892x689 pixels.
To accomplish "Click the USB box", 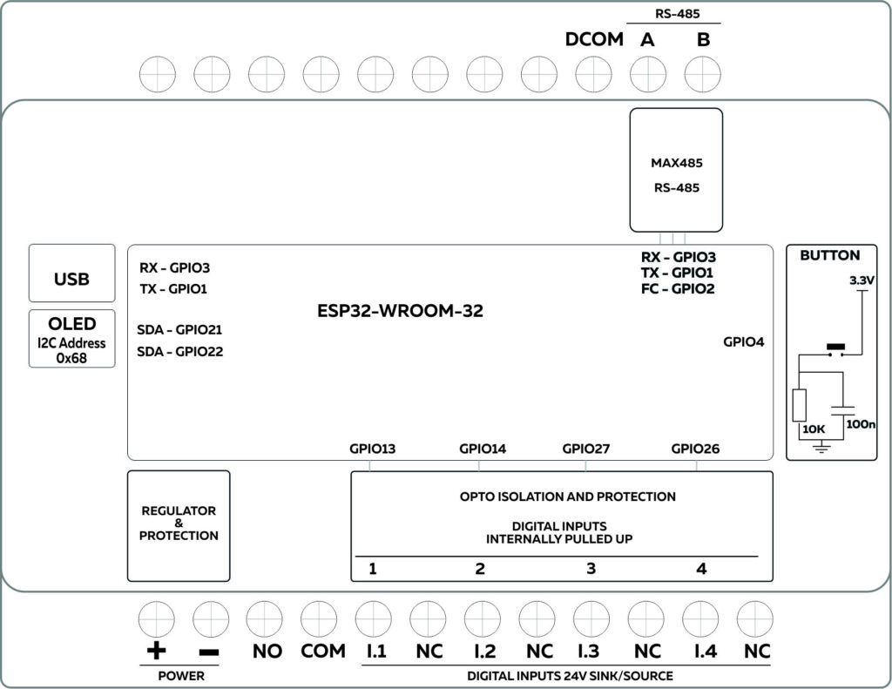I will [x=71, y=274].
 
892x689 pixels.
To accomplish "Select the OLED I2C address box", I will [x=71, y=338].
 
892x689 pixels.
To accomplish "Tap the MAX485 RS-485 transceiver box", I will [x=676, y=171].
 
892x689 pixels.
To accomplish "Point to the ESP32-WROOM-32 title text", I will [x=401, y=310].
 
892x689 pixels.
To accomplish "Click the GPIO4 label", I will [x=743, y=342].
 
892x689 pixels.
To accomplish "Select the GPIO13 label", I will [x=372, y=449].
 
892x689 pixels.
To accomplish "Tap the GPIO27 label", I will [x=585, y=449].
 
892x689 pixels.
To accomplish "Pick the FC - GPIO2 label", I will [x=678, y=288].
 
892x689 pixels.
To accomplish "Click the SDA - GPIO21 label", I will [x=180, y=330].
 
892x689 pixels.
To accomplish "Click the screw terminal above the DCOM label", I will [x=592, y=74].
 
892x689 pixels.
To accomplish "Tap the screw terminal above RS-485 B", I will [x=702, y=74].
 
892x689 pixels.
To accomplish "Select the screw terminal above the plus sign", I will [x=156, y=619].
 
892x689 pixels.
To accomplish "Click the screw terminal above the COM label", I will [x=319, y=619].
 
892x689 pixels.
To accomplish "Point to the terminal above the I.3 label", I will [x=592, y=619].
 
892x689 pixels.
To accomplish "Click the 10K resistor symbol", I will [x=800, y=405].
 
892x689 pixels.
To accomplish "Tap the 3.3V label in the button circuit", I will [x=861, y=282].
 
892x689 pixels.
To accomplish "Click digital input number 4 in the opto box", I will [x=701, y=569].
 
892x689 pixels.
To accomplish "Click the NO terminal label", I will [x=267, y=652].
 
